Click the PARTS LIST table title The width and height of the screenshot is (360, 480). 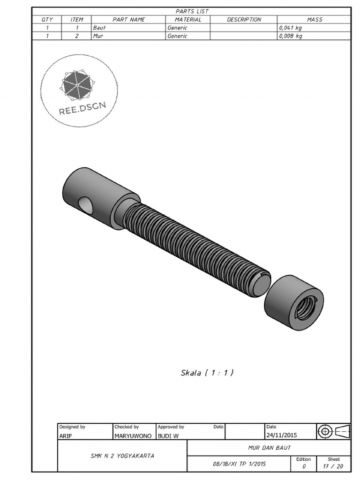(192, 11)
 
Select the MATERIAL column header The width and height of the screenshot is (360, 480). (188, 20)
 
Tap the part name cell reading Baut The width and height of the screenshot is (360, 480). (99, 28)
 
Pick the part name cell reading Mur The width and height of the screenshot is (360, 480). (98, 36)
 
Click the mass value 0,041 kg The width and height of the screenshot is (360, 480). (291, 28)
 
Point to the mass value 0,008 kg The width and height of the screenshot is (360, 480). (291, 36)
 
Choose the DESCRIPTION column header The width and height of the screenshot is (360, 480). (244, 20)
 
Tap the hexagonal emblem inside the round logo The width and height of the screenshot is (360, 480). (77, 85)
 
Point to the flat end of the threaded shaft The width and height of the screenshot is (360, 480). (259, 285)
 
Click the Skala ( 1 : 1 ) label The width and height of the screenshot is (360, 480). (207, 373)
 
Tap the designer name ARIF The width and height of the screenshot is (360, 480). (66, 435)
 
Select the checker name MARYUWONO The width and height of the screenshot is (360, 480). (133, 435)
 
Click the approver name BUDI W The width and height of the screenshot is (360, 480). (168, 435)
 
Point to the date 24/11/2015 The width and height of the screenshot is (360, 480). (282, 435)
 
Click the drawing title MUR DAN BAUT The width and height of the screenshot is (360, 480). (269, 448)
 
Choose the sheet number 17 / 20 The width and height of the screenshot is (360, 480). (333, 466)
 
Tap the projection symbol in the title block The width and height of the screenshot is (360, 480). (333, 431)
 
